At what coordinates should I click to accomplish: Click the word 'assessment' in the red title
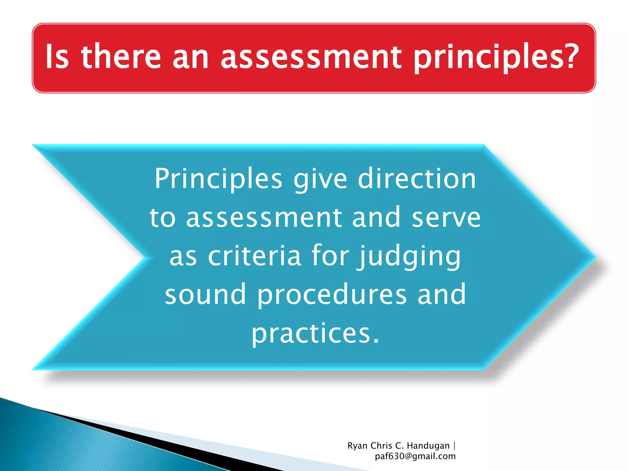point(311,57)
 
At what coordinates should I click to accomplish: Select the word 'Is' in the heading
point(57,57)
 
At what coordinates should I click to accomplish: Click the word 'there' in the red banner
point(121,57)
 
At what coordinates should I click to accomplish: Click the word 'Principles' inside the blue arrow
point(218,179)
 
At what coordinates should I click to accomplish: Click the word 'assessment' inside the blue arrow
point(264,218)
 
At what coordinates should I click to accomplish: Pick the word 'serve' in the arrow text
point(446,218)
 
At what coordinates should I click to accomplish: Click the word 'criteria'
point(255,256)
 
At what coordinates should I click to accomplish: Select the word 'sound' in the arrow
point(205,294)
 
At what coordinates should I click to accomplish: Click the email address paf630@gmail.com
point(415,456)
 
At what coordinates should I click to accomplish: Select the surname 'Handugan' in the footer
point(428,446)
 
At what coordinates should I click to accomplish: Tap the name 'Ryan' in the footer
point(357,446)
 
